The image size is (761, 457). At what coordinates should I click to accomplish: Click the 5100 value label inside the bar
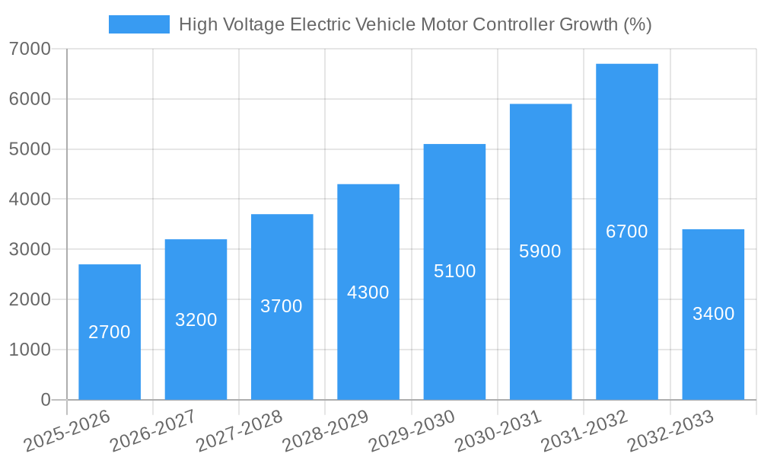pyautogui.click(x=454, y=271)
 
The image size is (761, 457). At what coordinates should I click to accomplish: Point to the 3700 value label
pyautogui.click(x=282, y=306)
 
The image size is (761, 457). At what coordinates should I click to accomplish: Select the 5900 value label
pyautogui.click(x=540, y=251)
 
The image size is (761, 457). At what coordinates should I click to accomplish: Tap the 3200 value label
pyautogui.click(x=196, y=320)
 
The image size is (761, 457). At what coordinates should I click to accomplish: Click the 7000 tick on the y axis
pyautogui.click(x=30, y=50)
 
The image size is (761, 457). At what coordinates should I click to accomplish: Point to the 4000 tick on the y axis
pyautogui.click(x=30, y=200)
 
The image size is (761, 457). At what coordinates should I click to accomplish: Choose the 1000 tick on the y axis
pyautogui.click(x=30, y=350)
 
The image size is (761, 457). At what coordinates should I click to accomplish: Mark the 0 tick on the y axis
pyautogui.click(x=45, y=401)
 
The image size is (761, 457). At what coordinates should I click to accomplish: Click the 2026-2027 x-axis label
pyautogui.click(x=153, y=431)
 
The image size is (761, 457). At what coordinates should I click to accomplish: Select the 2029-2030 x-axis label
pyautogui.click(x=412, y=431)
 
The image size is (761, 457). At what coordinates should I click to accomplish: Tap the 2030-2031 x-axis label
pyautogui.click(x=498, y=431)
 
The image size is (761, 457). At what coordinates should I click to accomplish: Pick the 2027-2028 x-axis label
pyautogui.click(x=239, y=431)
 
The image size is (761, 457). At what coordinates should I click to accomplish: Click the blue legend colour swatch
pyautogui.click(x=139, y=24)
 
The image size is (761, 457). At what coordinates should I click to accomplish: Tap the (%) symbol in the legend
pyautogui.click(x=637, y=24)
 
